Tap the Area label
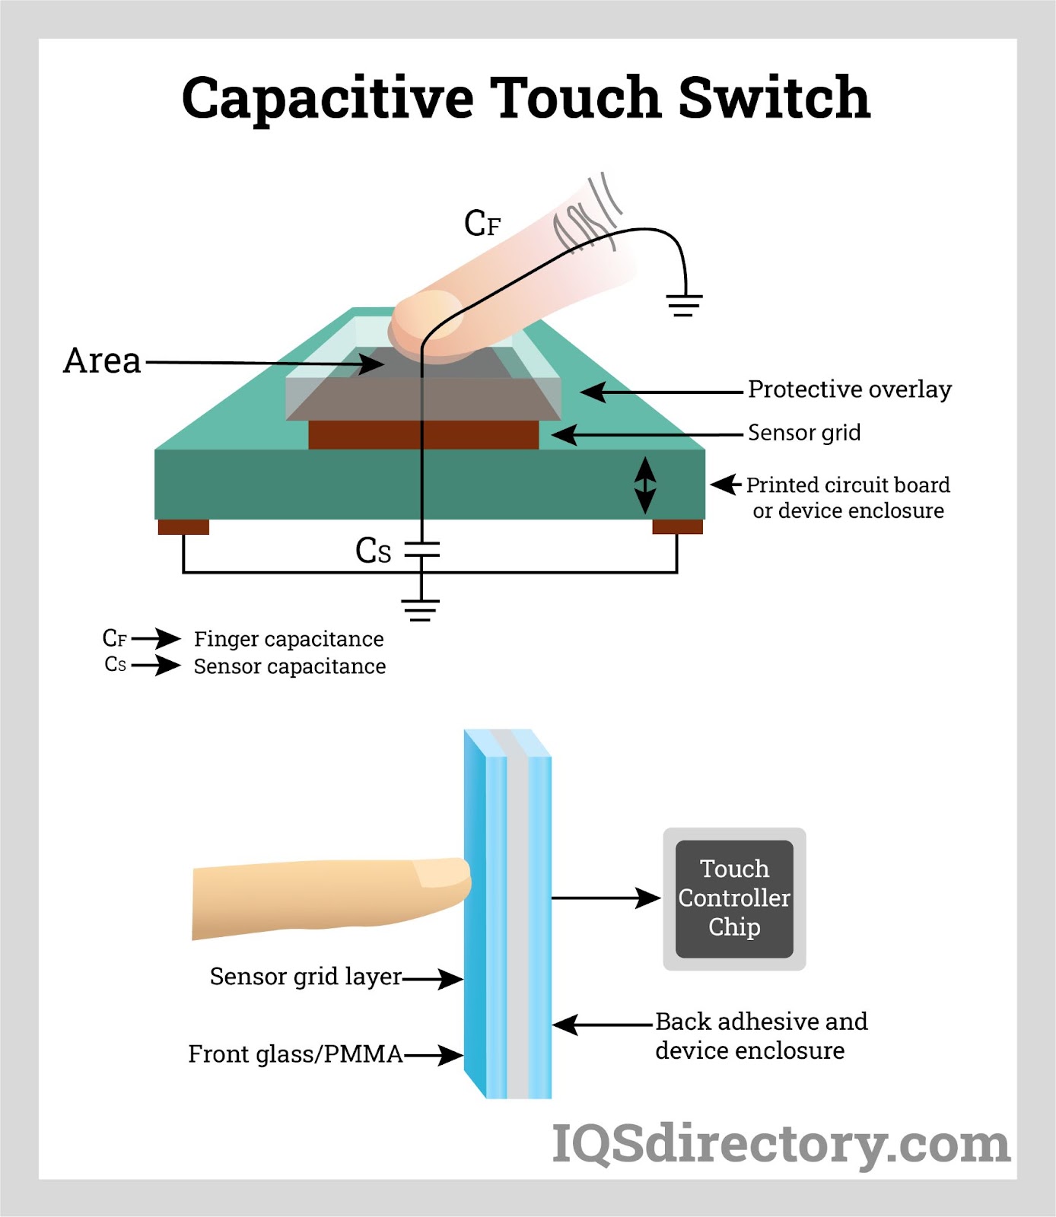pyautogui.click(x=102, y=361)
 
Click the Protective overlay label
pyautogui.click(x=849, y=389)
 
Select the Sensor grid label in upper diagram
pyautogui.click(x=804, y=433)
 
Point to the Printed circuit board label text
pyautogui.click(x=848, y=485)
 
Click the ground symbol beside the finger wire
pyautogui.click(x=684, y=305)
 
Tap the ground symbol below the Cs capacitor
pyautogui.click(x=421, y=609)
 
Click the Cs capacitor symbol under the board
pyautogui.click(x=421, y=550)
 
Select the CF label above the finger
pyautogui.click(x=482, y=224)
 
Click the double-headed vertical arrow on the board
pyautogui.click(x=645, y=485)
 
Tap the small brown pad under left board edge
pyautogui.click(x=183, y=527)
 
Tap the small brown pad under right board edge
pyautogui.click(x=677, y=527)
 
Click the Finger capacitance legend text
pyautogui.click(x=288, y=639)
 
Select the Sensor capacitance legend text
pyautogui.click(x=289, y=666)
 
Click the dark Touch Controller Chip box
pyautogui.click(x=734, y=898)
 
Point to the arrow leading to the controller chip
pyautogui.click(x=605, y=898)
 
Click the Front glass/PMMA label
pyautogui.click(x=295, y=1054)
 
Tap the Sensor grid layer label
pyautogui.click(x=305, y=977)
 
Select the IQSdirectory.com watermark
pyautogui.click(x=781, y=1144)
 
